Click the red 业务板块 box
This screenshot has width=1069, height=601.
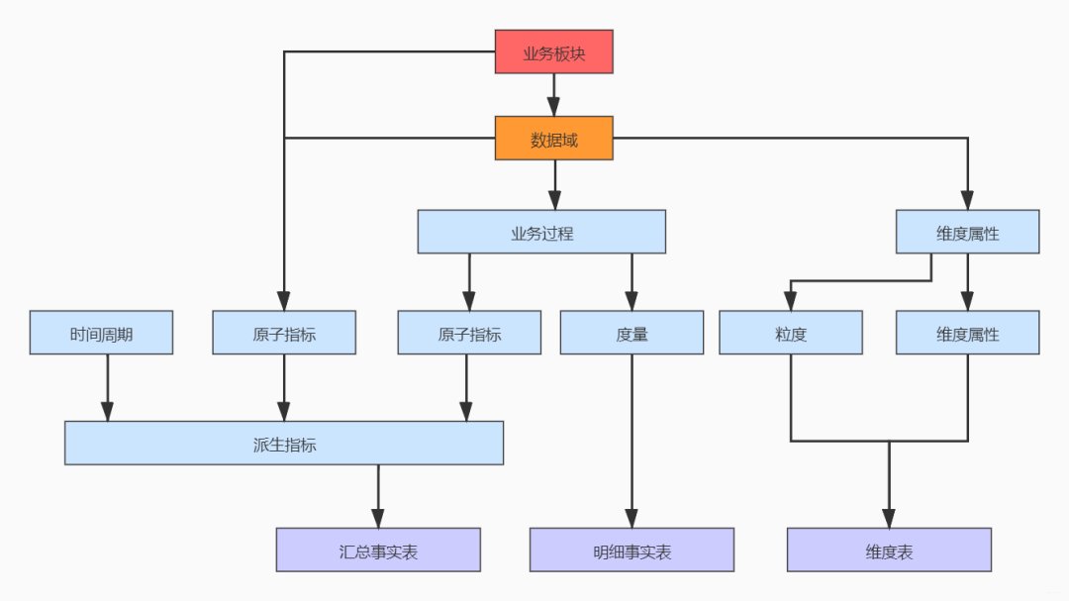pos(553,51)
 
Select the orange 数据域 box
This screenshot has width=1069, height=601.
pos(553,139)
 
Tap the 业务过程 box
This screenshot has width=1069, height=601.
pos(541,232)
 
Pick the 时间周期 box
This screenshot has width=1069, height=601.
pos(101,333)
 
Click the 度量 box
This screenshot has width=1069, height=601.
pos(632,333)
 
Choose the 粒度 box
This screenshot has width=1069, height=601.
pos(791,333)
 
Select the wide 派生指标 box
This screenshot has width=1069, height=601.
pos(284,444)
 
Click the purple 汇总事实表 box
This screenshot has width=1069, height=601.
pos(378,550)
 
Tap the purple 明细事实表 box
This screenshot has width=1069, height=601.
pos(632,550)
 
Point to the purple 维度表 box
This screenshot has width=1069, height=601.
pos(889,550)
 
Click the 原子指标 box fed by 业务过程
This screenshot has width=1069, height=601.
pos(469,333)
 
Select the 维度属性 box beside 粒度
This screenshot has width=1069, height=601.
pos(967,333)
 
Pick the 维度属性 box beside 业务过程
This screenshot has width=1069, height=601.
pos(967,232)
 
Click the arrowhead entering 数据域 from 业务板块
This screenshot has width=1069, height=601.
pos(553,106)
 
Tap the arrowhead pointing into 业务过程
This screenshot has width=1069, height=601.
pos(555,200)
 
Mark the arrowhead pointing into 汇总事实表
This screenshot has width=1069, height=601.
pos(378,518)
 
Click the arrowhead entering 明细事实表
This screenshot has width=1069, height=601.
pos(632,518)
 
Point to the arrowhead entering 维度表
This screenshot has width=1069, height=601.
pos(889,518)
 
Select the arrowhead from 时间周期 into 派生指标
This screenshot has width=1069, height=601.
pos(107,411)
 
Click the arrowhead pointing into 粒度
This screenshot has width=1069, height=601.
pos(791,301)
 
